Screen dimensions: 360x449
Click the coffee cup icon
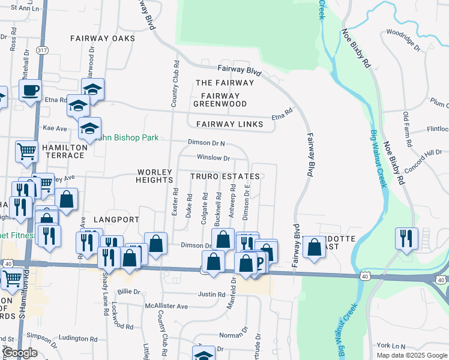(29, 91)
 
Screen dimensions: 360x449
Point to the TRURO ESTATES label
(225, 176)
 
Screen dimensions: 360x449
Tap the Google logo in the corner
(20, 353)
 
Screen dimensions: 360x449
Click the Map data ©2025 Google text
(411, 355)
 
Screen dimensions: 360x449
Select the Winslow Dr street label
(214, 158)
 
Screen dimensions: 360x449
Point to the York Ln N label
(391, 346)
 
